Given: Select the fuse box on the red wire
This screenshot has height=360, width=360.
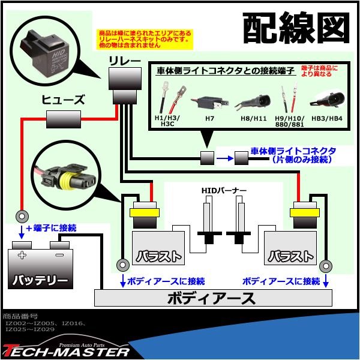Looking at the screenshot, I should click(x=64, y=121).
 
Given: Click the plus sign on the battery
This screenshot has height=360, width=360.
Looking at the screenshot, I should click(x=22, y=254).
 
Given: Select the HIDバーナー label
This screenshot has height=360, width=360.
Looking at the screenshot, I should click(x=223, y=191).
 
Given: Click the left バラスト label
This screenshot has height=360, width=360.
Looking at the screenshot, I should click(x=158, y=255).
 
